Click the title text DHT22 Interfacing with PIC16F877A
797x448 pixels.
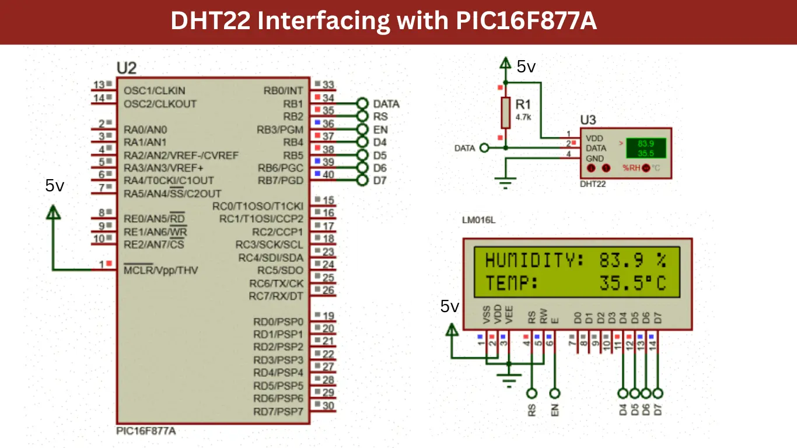coord(383,22)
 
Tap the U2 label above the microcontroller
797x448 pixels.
coord(126,68)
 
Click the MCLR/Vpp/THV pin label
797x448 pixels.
coord(160,270)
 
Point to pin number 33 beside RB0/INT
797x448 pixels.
coord(328,85)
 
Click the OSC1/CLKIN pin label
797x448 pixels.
coord(154,90)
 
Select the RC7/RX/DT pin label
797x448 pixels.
coord(276,296)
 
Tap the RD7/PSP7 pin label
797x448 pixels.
coord(278,412)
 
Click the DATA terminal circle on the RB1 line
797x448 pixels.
coord(362,104)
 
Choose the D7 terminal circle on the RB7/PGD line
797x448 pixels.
coord(362,180)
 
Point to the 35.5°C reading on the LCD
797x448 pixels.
coord(632,283)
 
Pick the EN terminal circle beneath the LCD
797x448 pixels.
coord(555,393)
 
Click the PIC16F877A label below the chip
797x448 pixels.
coord(146,431)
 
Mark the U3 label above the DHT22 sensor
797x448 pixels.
coord(588,120)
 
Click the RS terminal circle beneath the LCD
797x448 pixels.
coord(532,393)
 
